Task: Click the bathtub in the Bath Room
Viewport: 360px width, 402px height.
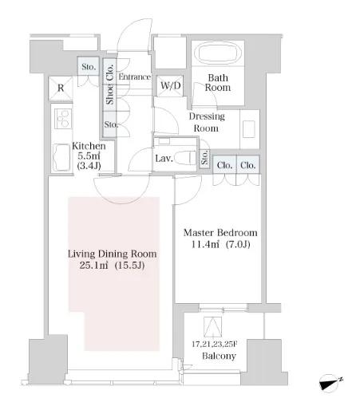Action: click(x=218, y=53)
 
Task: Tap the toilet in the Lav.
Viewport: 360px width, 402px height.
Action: click(x=185, y=158)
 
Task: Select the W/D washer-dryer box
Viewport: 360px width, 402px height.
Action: click(x=170, y=85)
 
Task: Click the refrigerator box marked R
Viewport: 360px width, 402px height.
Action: click(x=61, y=89)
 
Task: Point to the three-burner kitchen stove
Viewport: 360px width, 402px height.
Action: click(x=63, y=119)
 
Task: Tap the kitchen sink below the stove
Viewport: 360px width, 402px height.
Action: click(x=61, y=158)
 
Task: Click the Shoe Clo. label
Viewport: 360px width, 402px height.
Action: click(x=109, y=85)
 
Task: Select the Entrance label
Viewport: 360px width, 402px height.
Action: click(x=135, y=77)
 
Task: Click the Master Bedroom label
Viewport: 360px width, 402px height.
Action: click(x=220, y=233)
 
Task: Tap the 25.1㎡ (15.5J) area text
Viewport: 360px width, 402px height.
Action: click(x=112, y=266)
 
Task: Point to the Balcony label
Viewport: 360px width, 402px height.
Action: click(x=219, y=356)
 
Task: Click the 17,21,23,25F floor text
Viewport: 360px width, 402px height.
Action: click(x=215, y=345)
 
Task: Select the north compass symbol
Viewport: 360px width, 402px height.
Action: click(x=330, y=384)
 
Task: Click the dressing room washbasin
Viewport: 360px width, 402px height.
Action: click(x=249, y=129)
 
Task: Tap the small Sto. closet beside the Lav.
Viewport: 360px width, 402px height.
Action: click(x=204, y=158)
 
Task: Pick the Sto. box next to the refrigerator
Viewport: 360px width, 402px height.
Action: click(x=89, y=66)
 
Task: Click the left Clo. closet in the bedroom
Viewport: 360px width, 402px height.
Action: click(x=224, y=165)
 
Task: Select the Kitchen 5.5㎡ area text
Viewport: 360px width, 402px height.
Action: click(x=89, y=156)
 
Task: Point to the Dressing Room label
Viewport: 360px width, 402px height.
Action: click(x=207, y=122)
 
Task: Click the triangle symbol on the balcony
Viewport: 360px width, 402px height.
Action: click(x=212, y=327)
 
